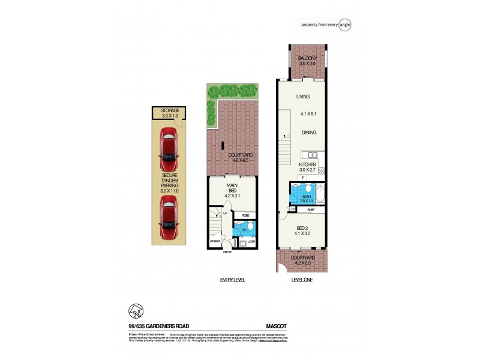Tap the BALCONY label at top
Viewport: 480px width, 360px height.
[x=307, y=58]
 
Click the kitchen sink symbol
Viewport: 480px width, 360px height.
[x=312, y=154]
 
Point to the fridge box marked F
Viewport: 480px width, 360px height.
[x=304, y=178]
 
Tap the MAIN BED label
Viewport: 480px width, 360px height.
[x=231, y=190]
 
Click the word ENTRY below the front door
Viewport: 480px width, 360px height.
[x=227, y=253]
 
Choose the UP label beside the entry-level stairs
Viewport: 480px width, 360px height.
[x=225, y=213]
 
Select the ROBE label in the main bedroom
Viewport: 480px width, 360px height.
[x=245, y=215]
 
